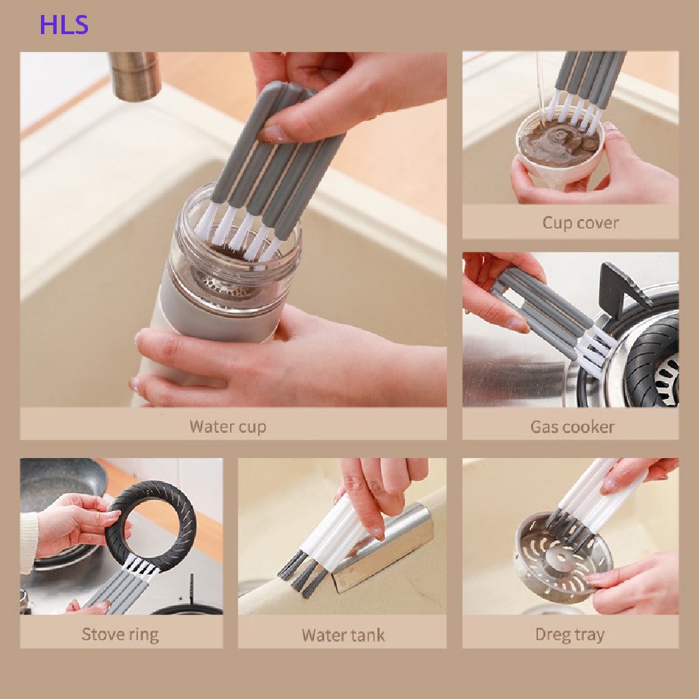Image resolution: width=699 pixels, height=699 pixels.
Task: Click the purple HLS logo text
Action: coord(64,25)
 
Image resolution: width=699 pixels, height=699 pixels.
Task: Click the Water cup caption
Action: coord(228,427)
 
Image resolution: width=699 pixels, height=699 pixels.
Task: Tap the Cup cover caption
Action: coord(580,223)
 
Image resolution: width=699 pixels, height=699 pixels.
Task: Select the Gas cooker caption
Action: coord(573,427)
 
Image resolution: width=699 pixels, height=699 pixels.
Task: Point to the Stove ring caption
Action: coord(120,634)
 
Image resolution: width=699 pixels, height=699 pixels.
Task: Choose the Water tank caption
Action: coord(343,635)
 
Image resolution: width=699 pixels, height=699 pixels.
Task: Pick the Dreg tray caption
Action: coord(570,634)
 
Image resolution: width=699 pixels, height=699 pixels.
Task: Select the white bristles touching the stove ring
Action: coord(141,565)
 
